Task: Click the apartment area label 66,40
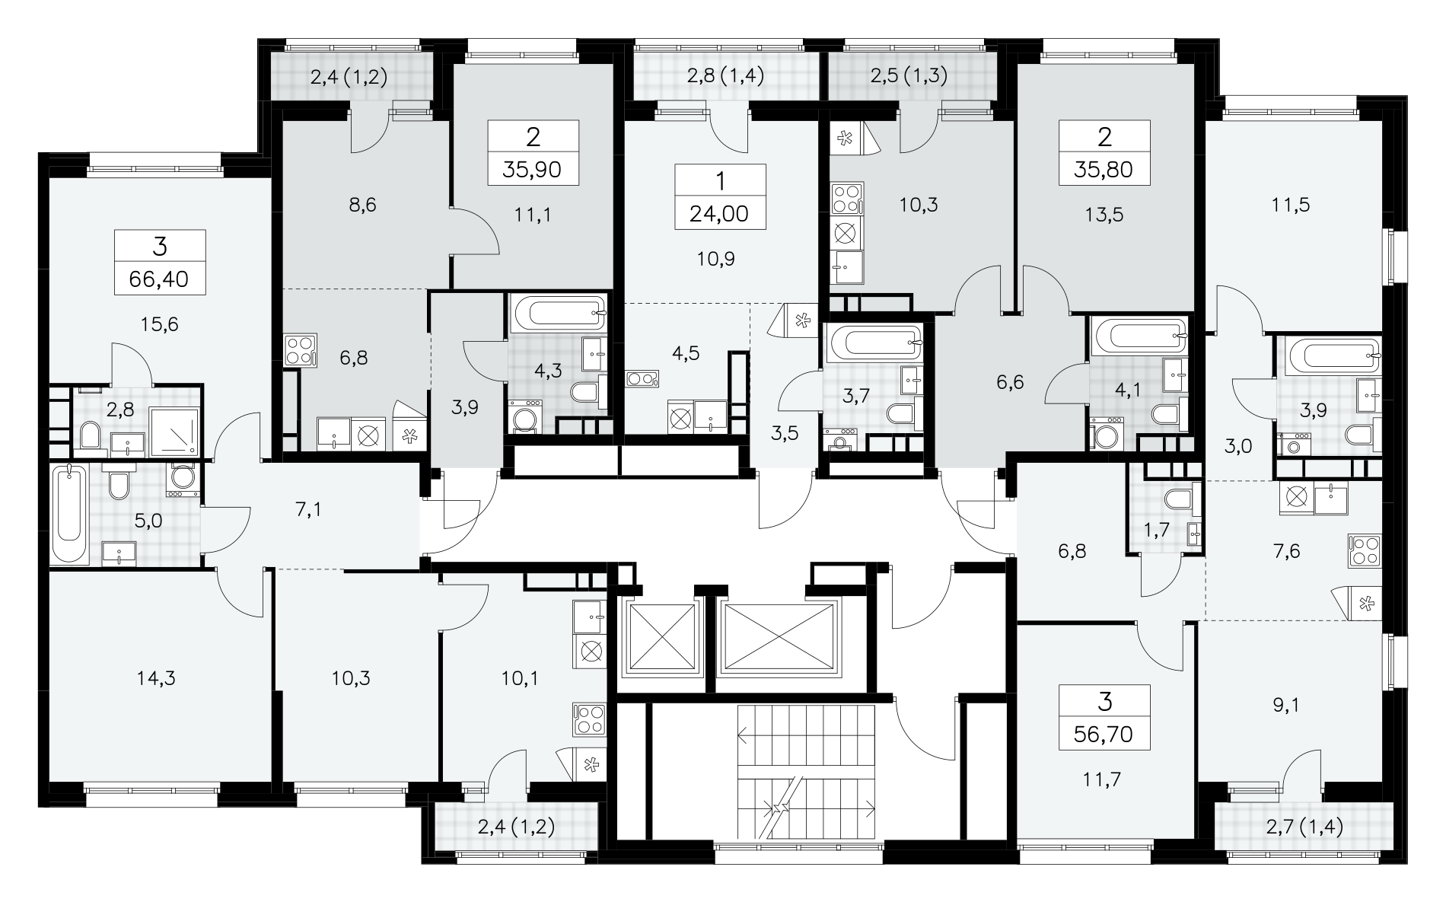click(x=160, y=279)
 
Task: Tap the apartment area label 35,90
click(x=533, y=169)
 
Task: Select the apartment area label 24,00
click(x=720, y=214)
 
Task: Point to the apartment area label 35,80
click(x=1104, y=169)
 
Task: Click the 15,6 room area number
click(x=160, y=325)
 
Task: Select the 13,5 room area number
click(x=1105, y=215)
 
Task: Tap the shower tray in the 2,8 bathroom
click(x=175, y=432)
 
